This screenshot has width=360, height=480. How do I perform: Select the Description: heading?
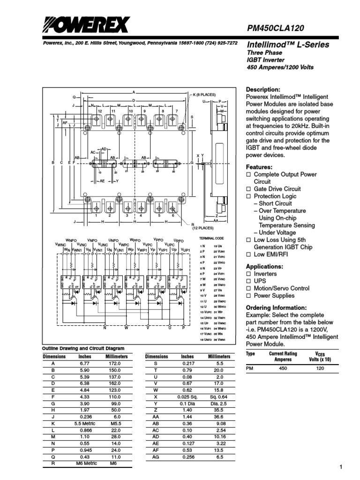[x=263, y=90]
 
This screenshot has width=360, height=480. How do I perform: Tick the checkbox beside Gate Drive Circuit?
[x=249, y=189]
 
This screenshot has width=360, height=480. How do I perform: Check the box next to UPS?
[x=249, y=281]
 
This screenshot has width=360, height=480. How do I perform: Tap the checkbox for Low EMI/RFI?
[x=249, y=255]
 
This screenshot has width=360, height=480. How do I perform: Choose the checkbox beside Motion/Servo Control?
[x=249, y=288]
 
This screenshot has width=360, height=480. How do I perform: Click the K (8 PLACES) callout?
[x=204, y=95]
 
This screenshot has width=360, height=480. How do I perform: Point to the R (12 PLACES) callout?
[x=203, y=227]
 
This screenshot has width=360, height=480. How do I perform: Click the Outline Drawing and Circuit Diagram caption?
[x=83, y=349]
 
